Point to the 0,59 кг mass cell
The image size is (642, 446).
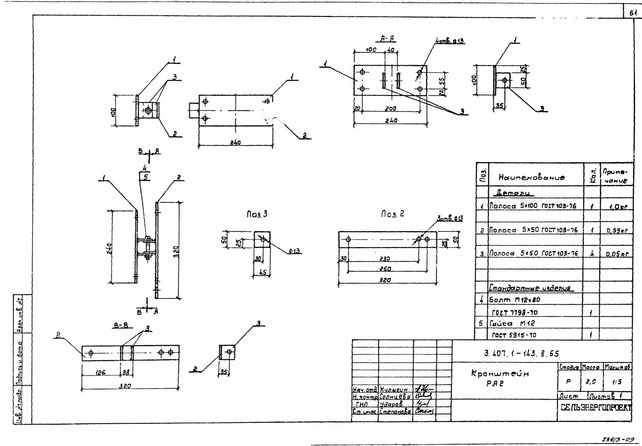[617, 230]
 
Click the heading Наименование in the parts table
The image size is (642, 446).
[532, 177]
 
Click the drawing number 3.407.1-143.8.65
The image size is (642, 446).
[522, 353]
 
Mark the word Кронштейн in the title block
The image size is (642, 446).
[500, 374]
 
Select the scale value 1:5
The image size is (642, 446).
[617, 382]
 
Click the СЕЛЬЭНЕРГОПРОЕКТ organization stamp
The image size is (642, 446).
[596, 408]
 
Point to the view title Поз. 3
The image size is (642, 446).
[257, 214]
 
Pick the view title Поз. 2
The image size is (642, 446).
[392, 214]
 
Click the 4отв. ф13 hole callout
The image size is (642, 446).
[450, 41]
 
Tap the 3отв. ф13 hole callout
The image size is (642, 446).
[450, 219]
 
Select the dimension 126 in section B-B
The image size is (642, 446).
[101, 372]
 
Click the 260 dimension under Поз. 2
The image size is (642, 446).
[385, 269]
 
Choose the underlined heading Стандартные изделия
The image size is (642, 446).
[531, 288]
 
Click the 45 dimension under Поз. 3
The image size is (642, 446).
[262, 273]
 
